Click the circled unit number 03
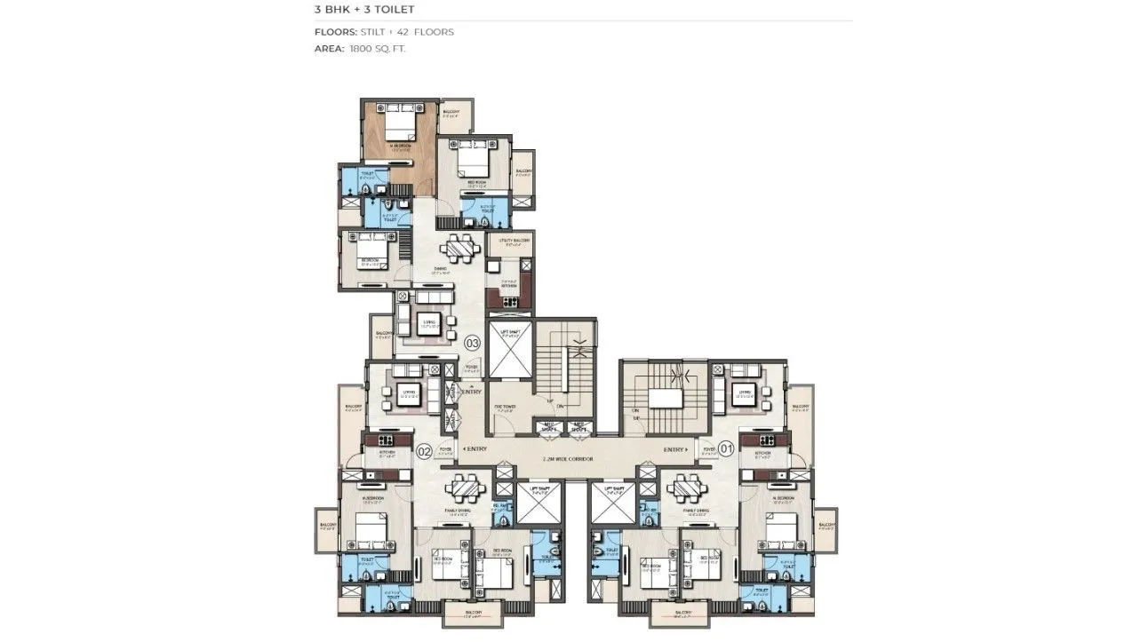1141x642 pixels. (x=473, y=343)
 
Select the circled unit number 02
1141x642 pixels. (x=424, y=451)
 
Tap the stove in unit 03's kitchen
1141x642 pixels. (x=512, y=302)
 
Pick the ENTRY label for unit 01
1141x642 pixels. (x=675, y=450)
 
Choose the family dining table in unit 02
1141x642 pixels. (x=465, y=488)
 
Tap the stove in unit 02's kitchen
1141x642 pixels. (x=386, y=440)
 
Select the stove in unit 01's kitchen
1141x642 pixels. (x=762, y=440)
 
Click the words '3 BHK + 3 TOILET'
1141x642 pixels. (x=364, y=10)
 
